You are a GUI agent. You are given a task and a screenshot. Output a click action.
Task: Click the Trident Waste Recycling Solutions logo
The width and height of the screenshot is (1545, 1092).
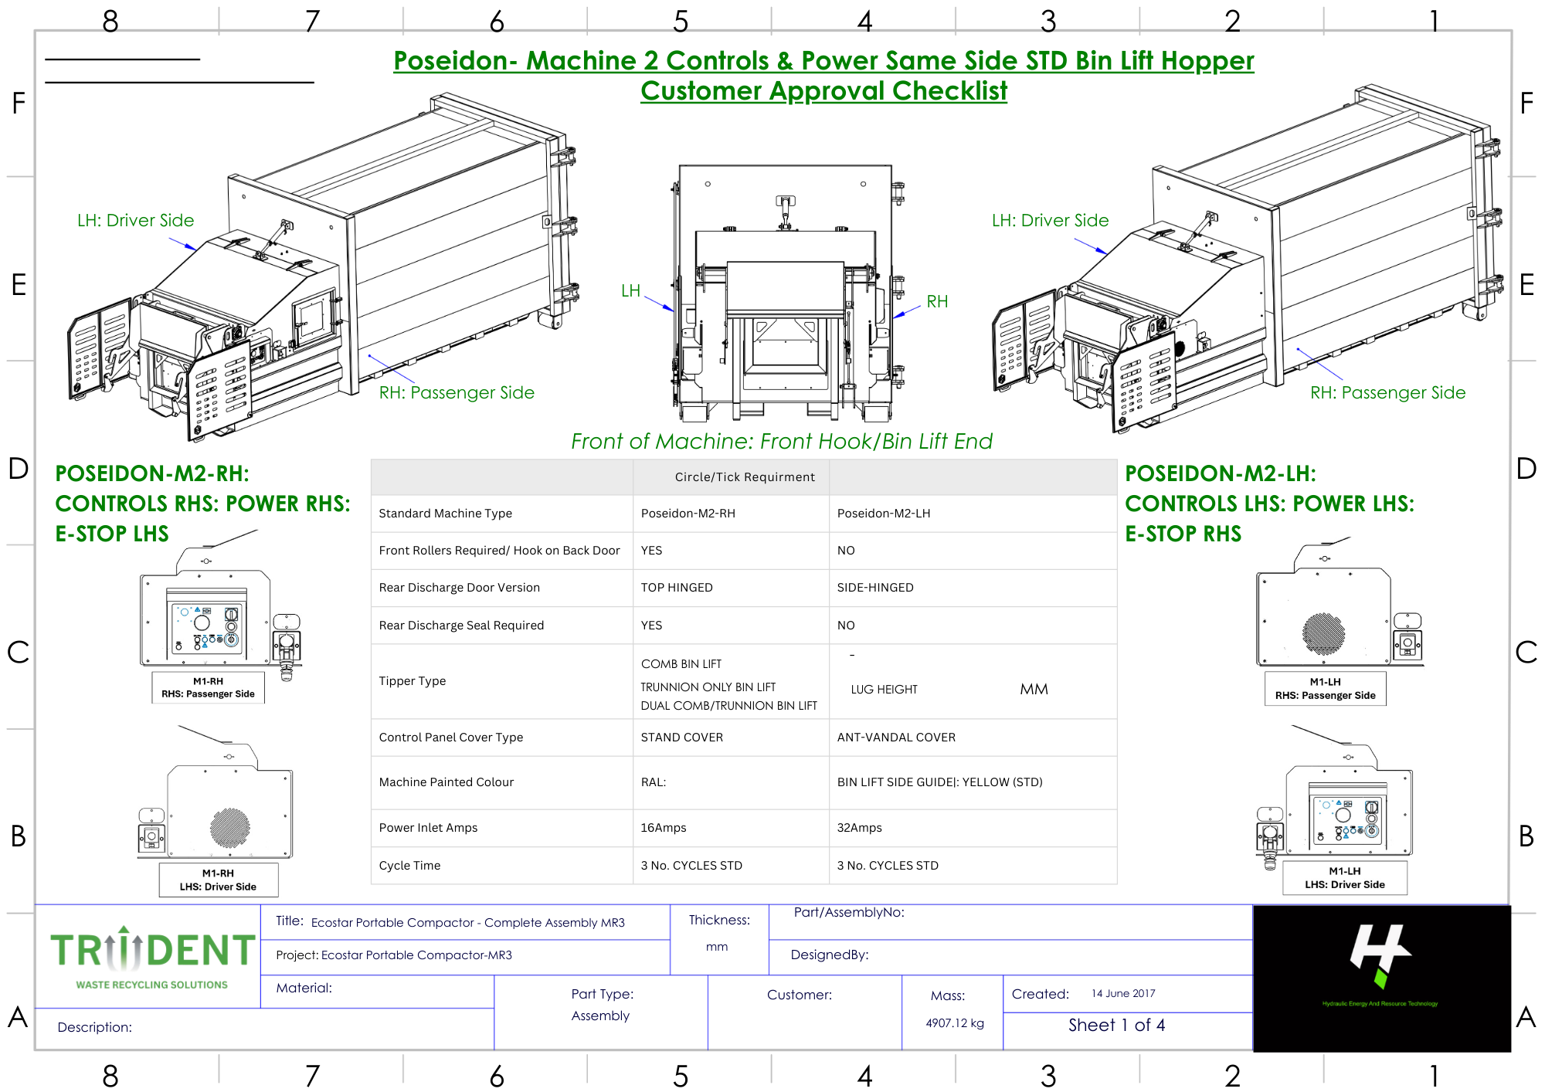click(x=152, y=958)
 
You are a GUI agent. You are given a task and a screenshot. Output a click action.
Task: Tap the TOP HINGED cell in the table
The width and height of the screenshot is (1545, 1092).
click(x=677, y=588)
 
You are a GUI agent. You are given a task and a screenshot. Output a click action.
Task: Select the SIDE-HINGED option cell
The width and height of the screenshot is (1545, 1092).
click(x=875, y=588)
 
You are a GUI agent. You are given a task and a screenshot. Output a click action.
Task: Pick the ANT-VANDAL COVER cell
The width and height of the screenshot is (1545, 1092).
click(x=896, y=738)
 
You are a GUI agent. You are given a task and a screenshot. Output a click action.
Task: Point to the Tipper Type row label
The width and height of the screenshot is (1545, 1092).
click(x=413, y=681)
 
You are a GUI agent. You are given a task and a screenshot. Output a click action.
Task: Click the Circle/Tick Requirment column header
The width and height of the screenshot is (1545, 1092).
click(x=745, y=477)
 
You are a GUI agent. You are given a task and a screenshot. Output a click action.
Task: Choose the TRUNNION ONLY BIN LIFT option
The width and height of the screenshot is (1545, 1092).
click(x=708, y=687)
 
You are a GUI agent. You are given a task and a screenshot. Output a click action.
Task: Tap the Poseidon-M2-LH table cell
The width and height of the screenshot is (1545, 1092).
click(x=884, y=514)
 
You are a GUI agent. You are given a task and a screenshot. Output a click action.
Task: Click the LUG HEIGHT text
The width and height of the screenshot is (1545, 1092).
click(x=884, y=690)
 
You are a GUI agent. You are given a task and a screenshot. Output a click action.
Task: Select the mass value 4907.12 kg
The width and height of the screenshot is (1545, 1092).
click(x=955, y=1023)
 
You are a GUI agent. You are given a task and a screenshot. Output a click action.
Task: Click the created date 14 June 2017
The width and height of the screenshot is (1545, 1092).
click(x=1123, y=994)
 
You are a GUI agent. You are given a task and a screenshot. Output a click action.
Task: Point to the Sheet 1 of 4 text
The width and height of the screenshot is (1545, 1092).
click(x=1116, y=1026)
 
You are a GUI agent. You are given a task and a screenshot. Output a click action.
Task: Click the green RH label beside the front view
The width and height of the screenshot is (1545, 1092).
click(x=937, y=302)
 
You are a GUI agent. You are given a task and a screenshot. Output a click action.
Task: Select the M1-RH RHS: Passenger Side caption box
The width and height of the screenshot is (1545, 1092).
click(x=208, y=687)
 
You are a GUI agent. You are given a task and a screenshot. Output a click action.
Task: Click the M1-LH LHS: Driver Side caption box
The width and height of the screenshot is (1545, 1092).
click(x=1344, y=878)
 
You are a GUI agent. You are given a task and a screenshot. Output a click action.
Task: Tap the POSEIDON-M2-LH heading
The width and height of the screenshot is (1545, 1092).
click(x=1220, y=473)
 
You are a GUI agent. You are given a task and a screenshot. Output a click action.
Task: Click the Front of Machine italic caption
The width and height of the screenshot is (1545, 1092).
click(x=781, y=442)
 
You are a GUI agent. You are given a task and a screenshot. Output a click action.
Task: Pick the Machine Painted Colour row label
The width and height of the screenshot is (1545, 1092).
click(x=447, y=782)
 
